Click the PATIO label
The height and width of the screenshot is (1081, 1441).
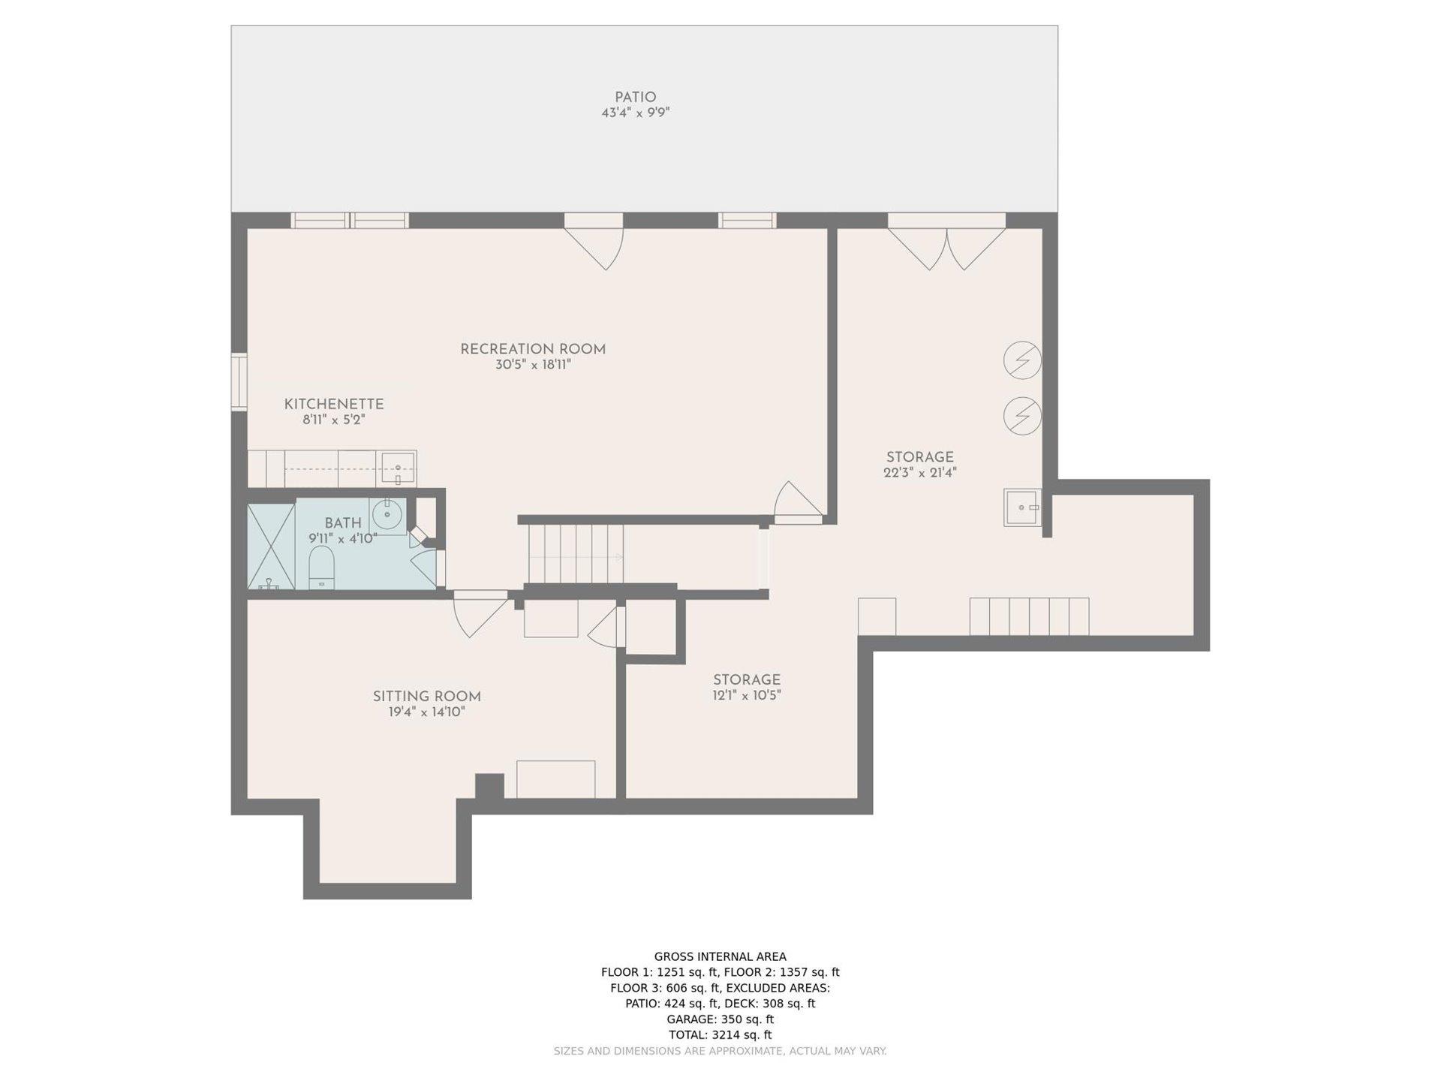click(x=635, y=98)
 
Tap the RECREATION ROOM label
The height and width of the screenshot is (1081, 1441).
click(x=533, y=349)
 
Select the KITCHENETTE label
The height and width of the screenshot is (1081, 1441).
click(x=334, y=405)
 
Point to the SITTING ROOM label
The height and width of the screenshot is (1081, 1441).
click(x=427, y=697)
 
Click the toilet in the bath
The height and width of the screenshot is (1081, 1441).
click(x=321, y=568)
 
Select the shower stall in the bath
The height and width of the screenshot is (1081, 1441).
click(x=271, y=547)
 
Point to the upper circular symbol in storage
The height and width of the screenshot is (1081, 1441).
click(x=1022, y=360)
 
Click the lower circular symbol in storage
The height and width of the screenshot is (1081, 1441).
click(x=1022, y=416)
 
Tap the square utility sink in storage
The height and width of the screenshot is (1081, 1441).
click(x=1022, y=507)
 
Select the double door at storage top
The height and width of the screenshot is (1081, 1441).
click(x=946, y=242)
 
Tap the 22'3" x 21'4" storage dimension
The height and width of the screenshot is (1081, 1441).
click(x=920, y=473)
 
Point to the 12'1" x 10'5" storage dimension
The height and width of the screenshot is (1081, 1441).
click(x=747, y=696)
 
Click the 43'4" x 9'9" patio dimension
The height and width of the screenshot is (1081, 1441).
click(x=635, y=113)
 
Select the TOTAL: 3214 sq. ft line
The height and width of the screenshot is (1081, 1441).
click(x=720, y=1034)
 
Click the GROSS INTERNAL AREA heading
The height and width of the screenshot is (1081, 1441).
click(x=720, y=956)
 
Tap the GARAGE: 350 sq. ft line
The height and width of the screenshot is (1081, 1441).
click(x=720, y=1019)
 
